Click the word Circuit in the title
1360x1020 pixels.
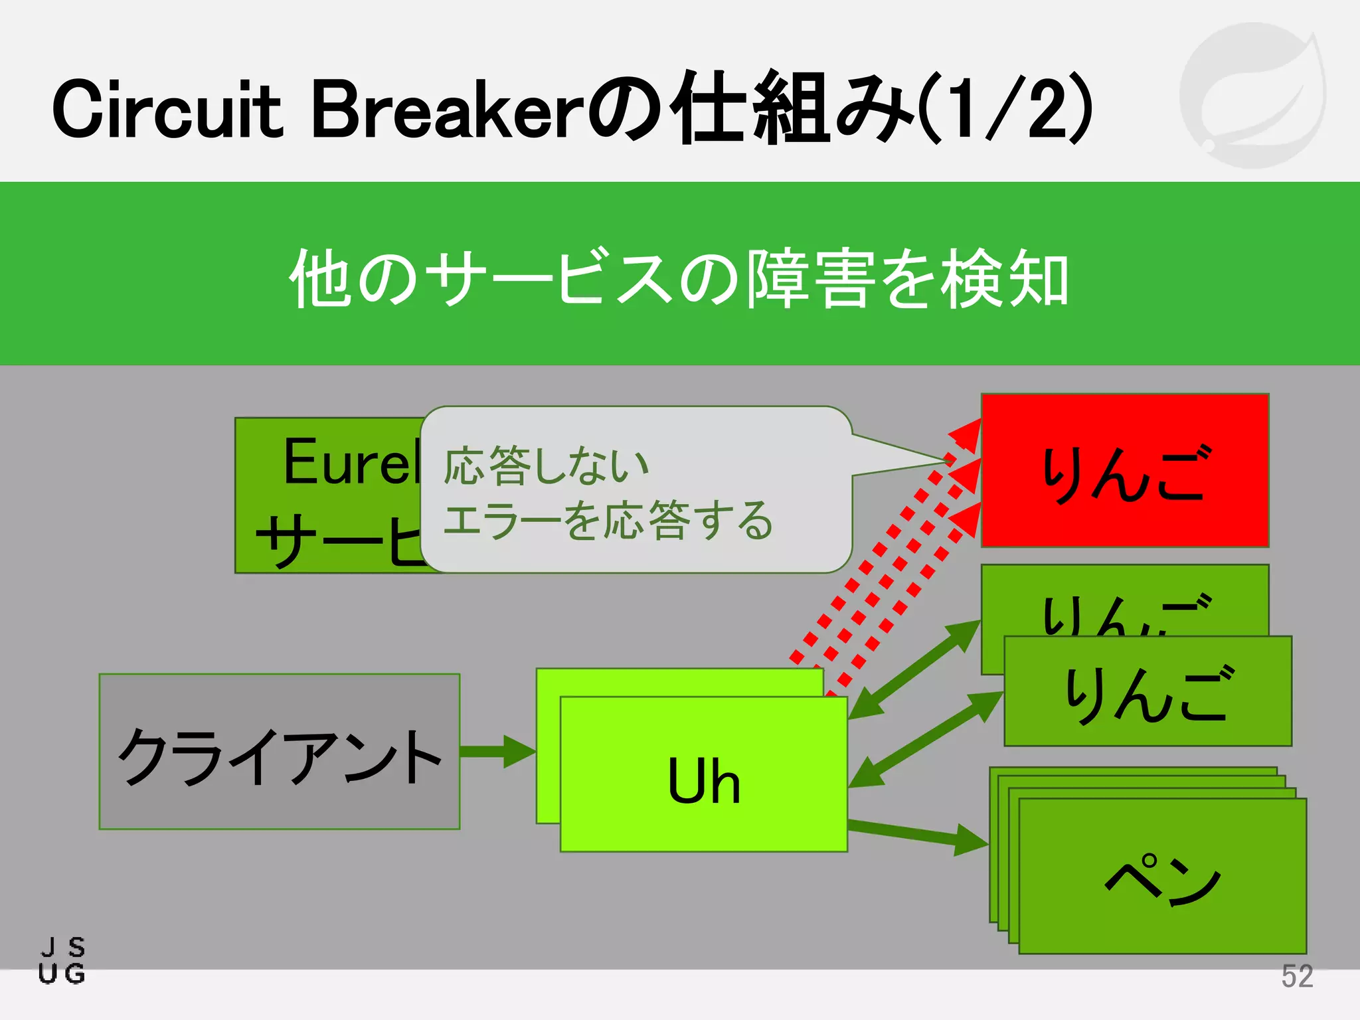[167, 110]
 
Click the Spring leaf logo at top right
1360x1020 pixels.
[1252, 95]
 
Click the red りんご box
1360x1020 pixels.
[1124, 470]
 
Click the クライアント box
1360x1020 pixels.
[279, 752]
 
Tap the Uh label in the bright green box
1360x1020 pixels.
[703, 781]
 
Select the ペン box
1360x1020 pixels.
[1162, 877]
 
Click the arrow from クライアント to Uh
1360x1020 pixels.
[497, 752]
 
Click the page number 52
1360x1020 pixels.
[1296, 976]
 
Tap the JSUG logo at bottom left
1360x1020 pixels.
[62, 960]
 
